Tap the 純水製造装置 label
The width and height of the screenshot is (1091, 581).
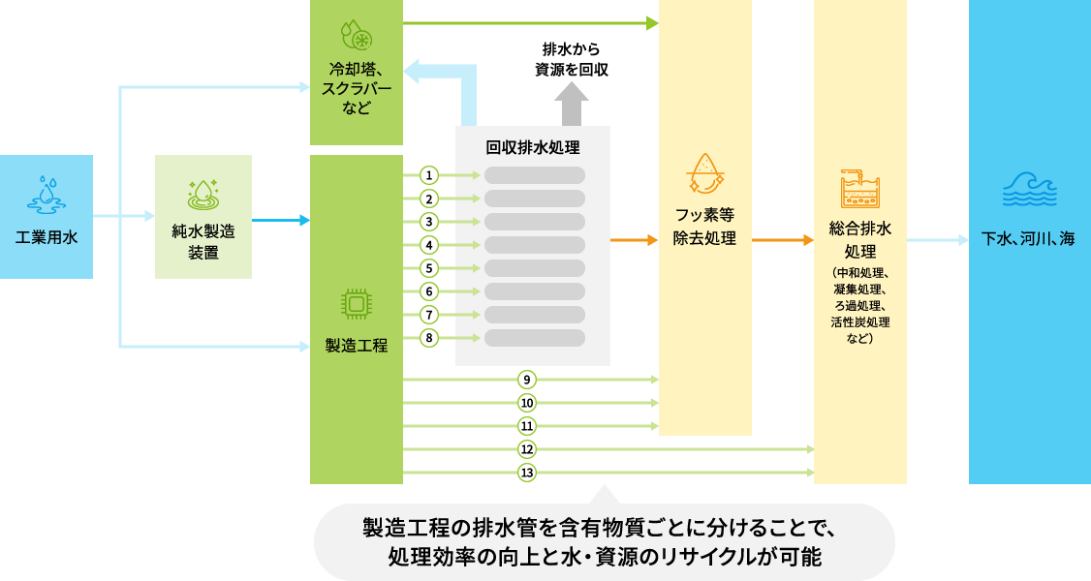pos(203,242)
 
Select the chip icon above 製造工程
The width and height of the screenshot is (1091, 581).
pos(357,304)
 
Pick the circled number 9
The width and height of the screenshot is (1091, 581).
pos(527,380)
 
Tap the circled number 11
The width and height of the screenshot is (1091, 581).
pos(527,426)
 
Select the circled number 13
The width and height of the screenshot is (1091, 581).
pos(527,473)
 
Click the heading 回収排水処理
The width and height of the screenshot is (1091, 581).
pos(533,147)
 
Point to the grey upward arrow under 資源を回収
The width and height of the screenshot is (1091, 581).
pos(571,105)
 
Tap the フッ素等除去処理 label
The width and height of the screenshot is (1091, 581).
pos(704,228)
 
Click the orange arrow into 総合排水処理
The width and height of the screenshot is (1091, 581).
pos(782,238)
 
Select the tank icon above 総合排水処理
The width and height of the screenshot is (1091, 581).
pos(859,190)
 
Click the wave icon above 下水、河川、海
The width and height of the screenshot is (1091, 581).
pos(1028,190)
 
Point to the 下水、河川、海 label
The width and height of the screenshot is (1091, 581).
pos(1028,238)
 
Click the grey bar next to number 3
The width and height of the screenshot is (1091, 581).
pos(535,222)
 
